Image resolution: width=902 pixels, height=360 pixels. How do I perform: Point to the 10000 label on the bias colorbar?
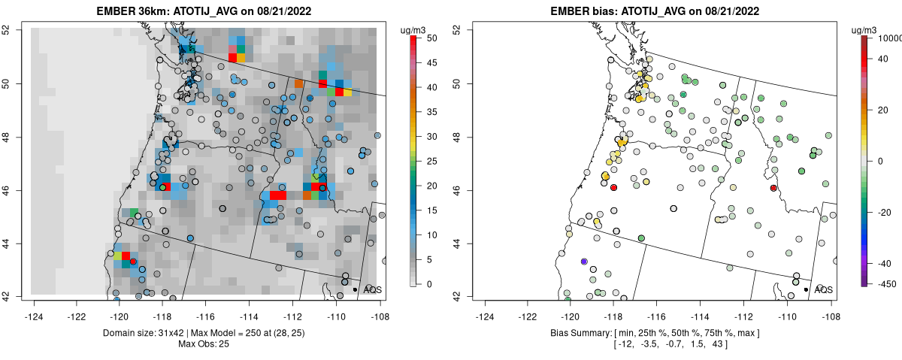point(891,38)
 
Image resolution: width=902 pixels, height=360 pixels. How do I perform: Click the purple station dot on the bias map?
point(584,262)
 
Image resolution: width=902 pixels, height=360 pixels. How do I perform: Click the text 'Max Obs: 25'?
point(205,344)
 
